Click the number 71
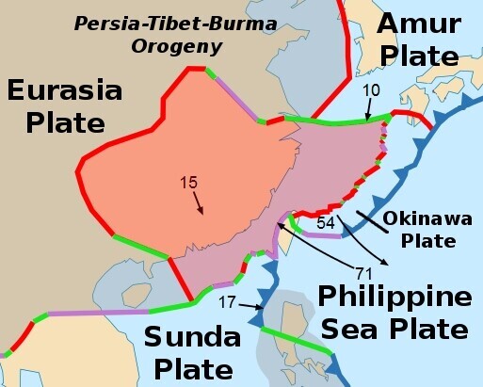365,273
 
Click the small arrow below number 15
199,200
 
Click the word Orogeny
191,46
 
